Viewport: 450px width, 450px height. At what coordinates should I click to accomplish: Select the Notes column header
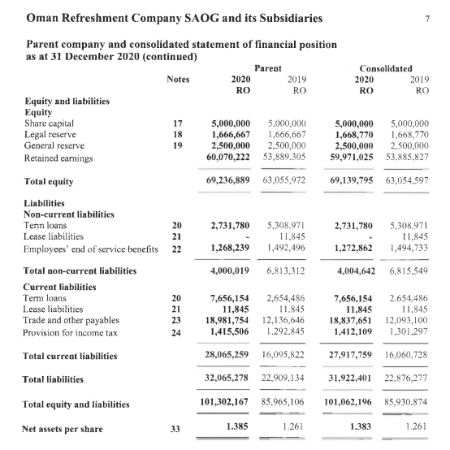click(178, 80)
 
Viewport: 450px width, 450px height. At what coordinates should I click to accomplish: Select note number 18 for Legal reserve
click(178, 134)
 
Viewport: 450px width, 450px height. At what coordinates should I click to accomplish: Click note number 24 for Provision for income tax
click(178, 332)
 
